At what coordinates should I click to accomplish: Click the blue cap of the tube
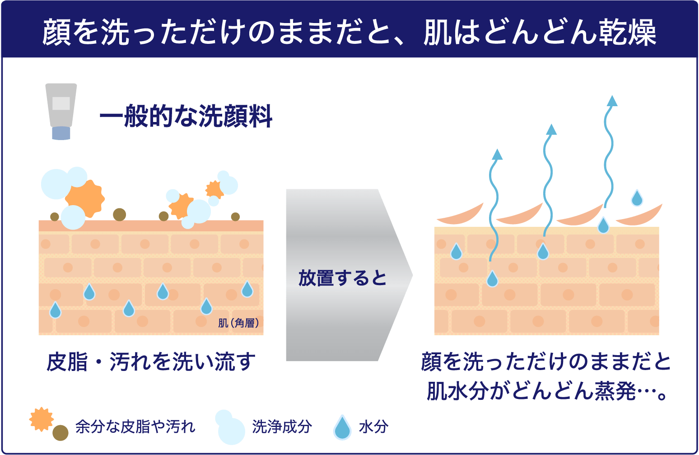(x=61, y=133)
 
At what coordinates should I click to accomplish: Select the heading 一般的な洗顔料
(x=186, y=117)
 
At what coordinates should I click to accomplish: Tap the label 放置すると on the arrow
(x=343, y=278)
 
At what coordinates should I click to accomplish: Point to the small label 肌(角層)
(x=238, y=323)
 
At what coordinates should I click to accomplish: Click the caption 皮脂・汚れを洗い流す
(x=151, y=362)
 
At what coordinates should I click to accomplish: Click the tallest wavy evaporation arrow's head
(x=612, y=101)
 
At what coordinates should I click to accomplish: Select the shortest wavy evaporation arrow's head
(x=497, y=155)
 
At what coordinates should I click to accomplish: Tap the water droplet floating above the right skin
(x=637, y=198)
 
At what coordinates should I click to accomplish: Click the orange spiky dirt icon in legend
(x=41, y=419)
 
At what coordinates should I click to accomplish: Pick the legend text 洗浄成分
(x=282, y=426)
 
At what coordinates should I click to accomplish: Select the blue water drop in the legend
(x=342, y=427)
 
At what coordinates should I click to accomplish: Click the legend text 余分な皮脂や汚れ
(x=135, y=426)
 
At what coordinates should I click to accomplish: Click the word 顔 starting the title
(x=57, y=33)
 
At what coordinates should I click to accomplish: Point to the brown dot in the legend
(x=60, y=433)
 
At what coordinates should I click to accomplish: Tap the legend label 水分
(x=373, y=426)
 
